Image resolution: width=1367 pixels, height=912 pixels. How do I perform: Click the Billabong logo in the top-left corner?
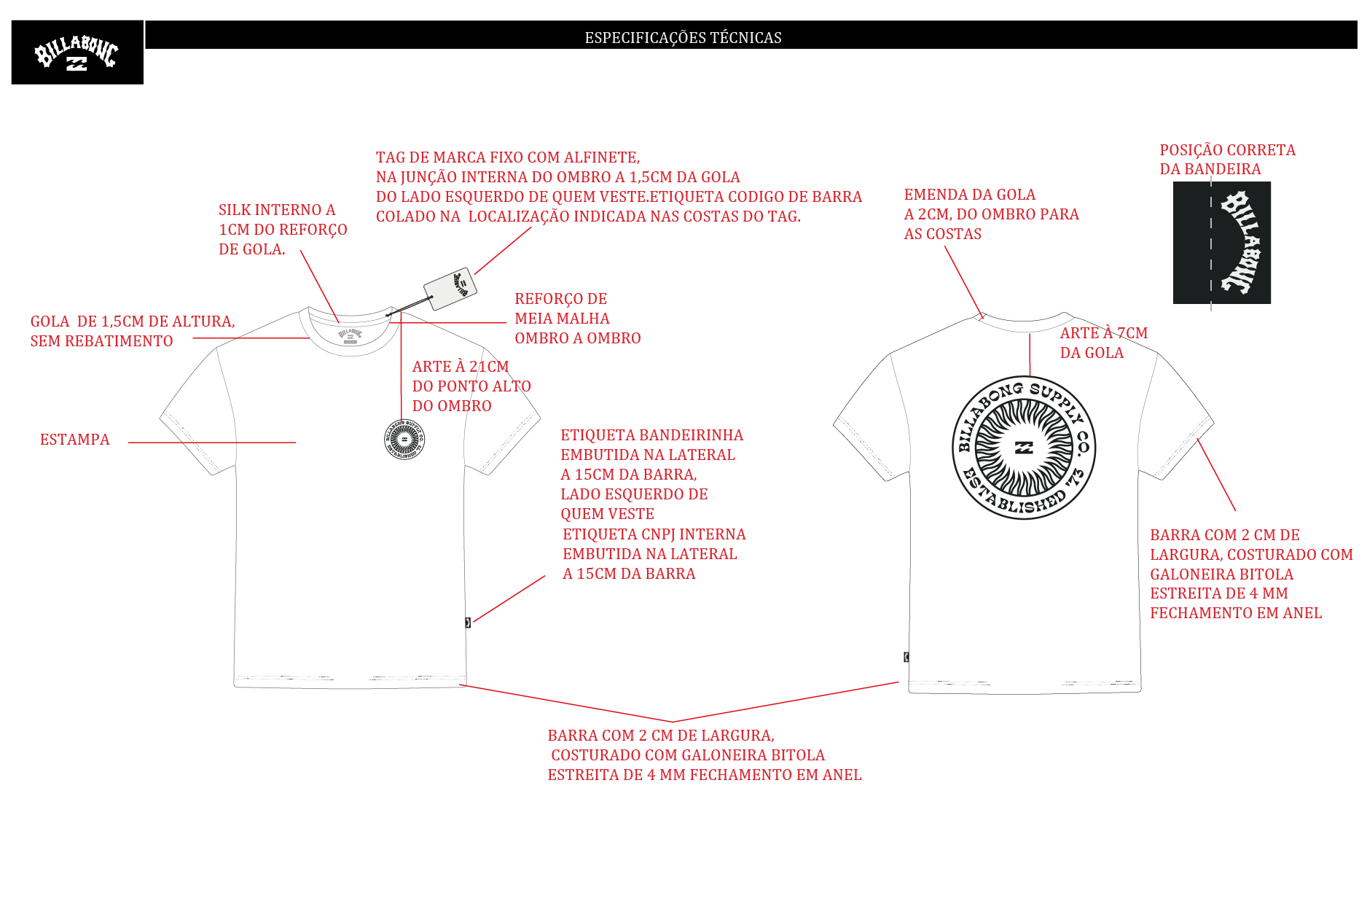tap(77, 52)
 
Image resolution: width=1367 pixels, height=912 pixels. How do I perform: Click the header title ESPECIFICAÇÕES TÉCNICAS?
tap(683, 37)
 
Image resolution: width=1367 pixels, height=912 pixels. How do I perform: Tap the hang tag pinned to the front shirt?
tap(450, 289)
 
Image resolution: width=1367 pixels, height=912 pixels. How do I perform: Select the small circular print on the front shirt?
tap(404, 440)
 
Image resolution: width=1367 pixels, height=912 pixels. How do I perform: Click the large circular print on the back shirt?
tap(1024, 448)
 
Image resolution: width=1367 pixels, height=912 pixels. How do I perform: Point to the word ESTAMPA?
tap(75, 440)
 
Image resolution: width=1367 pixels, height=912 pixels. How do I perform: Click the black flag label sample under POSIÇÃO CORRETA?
tap(1222, 243)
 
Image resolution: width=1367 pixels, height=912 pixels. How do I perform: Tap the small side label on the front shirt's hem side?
tap(468, 623)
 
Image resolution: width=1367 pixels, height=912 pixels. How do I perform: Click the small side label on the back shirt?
tap(906, 657)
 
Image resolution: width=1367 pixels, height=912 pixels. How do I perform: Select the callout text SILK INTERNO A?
tap(277, 210)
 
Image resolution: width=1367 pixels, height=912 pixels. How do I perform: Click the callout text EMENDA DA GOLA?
tap(970, 195)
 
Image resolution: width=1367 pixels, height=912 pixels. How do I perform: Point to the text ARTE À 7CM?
tap(1103, 333)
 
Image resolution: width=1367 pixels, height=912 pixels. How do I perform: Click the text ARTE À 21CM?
tap(461, 367)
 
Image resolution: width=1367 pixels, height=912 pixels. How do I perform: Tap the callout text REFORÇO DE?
tap(561, 299)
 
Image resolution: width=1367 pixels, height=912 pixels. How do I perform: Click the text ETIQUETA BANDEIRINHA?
tap(652, 435)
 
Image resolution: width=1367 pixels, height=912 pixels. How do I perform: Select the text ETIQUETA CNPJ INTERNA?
tap(654, 534)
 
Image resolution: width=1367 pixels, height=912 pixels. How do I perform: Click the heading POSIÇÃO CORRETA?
tap(1228, 150)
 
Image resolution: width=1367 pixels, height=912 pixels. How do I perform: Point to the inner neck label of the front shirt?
tap(350, 335)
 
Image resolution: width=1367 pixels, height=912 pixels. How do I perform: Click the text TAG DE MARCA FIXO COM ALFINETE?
tap(508, 157)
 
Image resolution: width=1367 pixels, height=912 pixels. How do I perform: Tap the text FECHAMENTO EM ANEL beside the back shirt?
tap(1236, 613)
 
